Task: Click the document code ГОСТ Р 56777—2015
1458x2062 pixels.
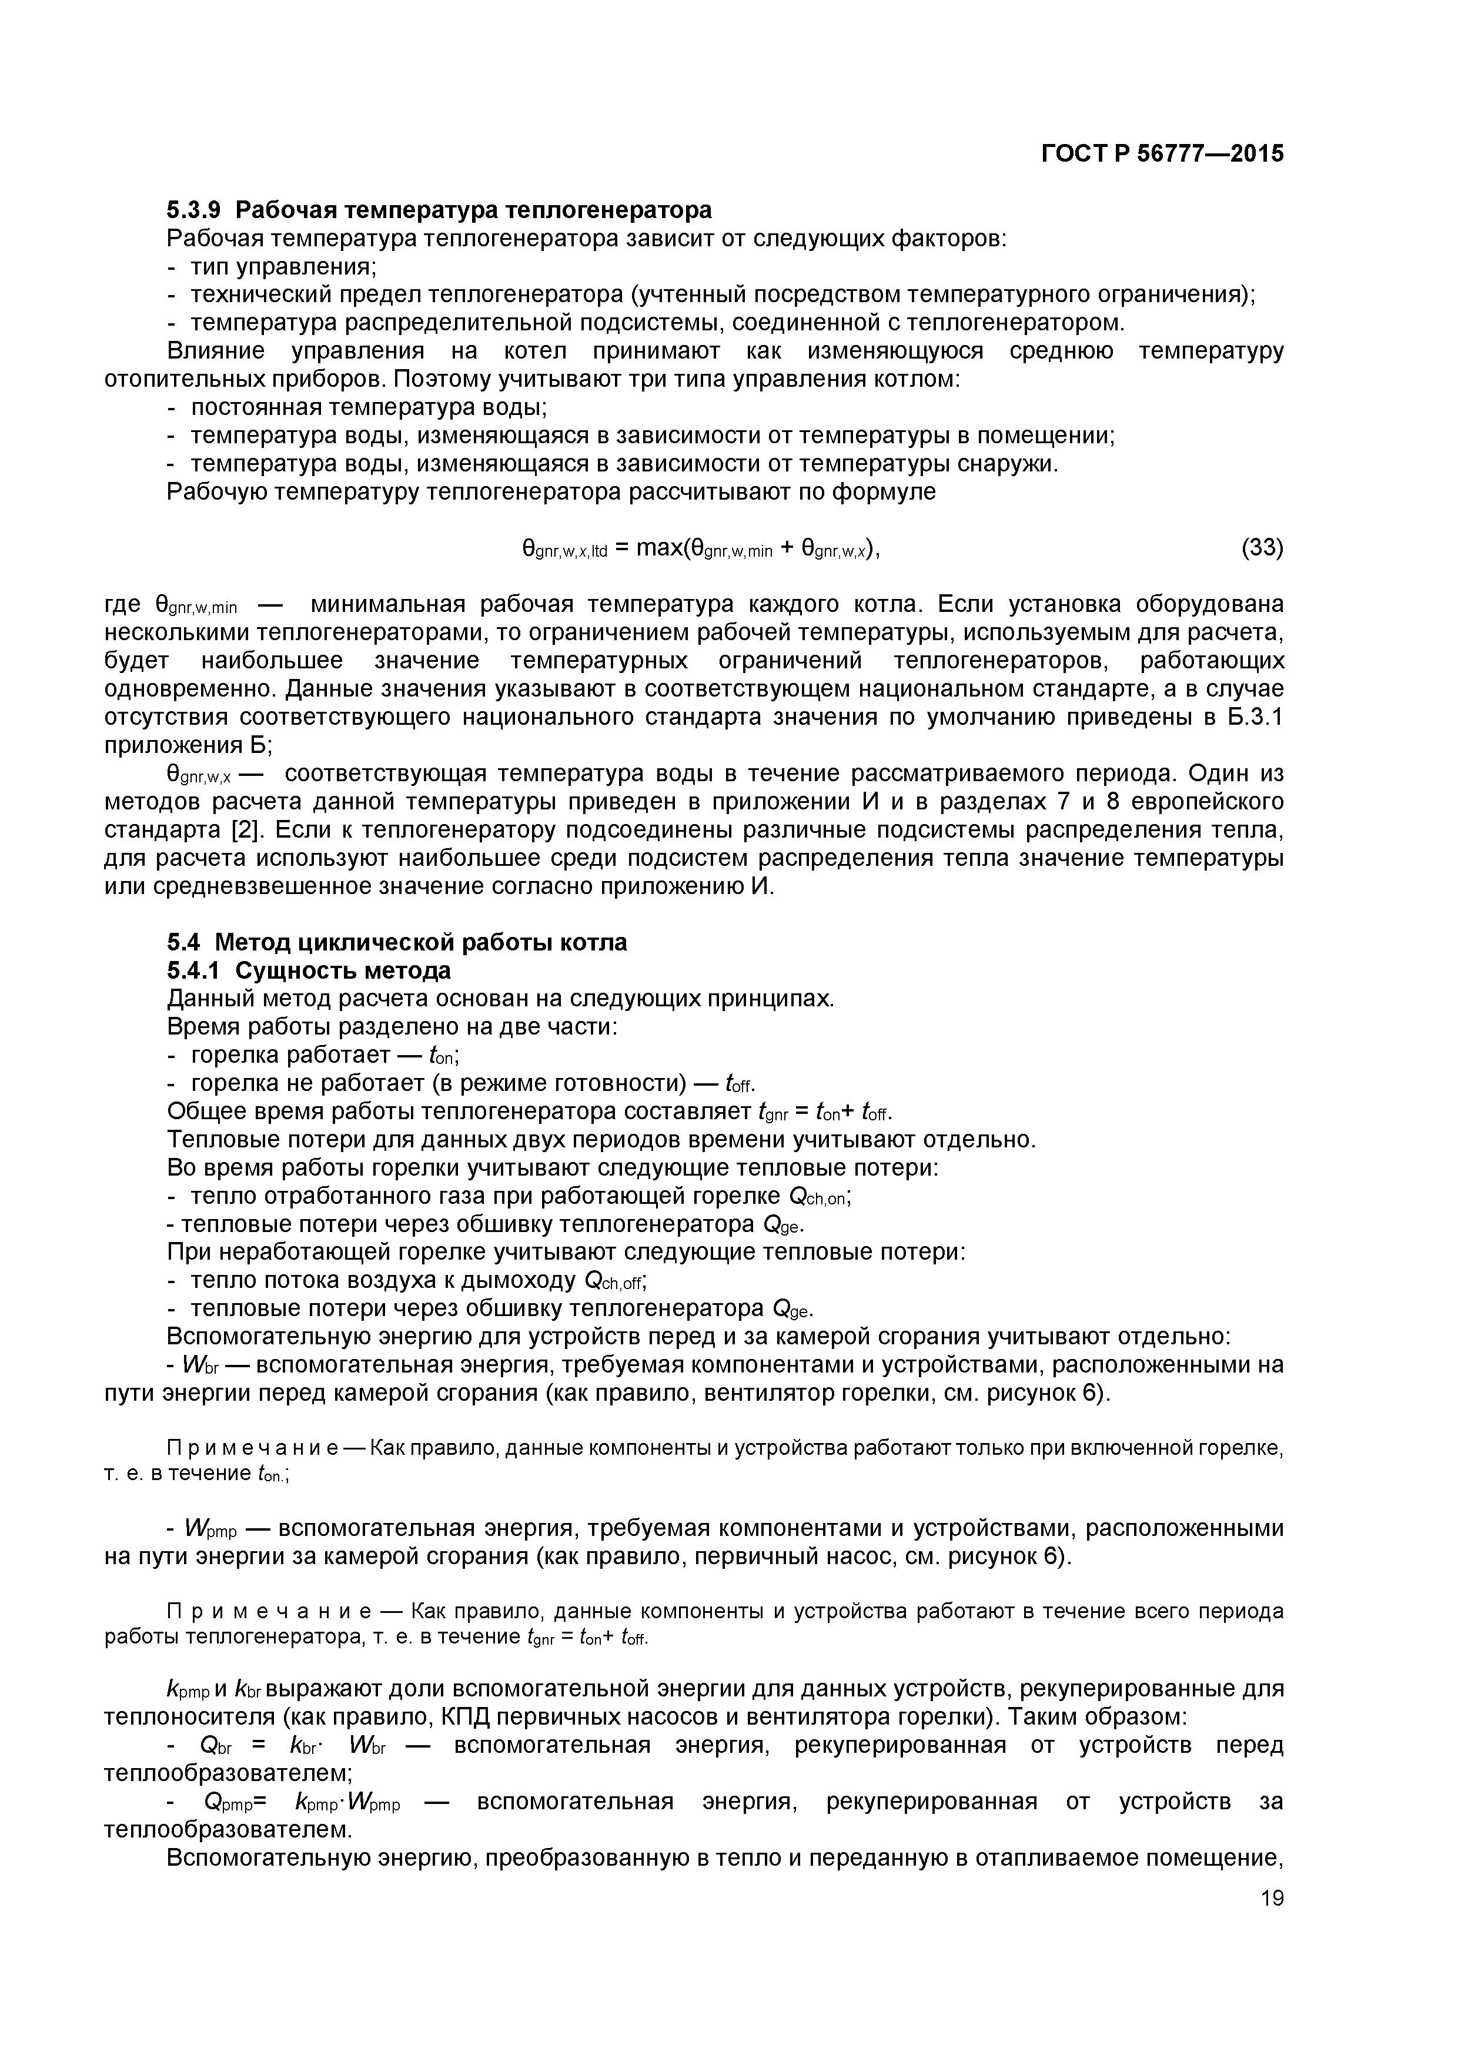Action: point(1162,155)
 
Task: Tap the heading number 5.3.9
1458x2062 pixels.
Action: point(193,210)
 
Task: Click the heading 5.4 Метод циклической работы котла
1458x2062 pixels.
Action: point(397,942)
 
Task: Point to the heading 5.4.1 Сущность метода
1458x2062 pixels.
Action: point(309,971)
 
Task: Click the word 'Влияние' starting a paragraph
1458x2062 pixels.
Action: point(216,350)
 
